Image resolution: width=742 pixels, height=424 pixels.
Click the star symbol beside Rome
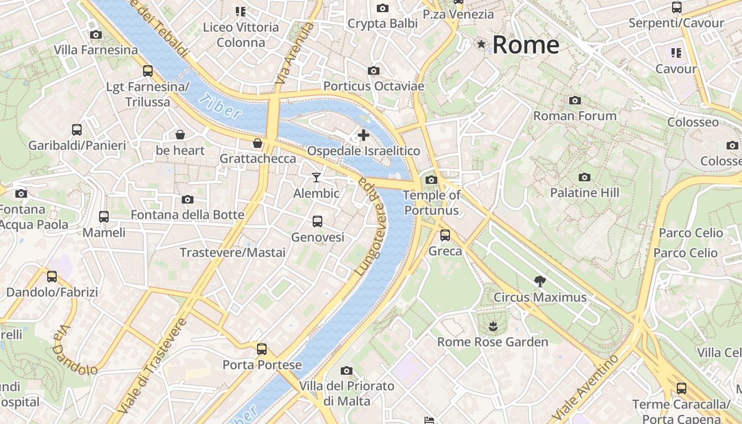[481, 45]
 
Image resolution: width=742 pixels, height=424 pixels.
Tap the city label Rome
[525, 45]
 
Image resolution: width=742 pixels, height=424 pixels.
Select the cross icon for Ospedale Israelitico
[364, 135]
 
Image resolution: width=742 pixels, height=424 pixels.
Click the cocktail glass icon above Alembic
[316, 177]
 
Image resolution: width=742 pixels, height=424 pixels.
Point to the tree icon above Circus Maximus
[540, 281]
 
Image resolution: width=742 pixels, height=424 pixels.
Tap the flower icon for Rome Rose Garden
[492, 325]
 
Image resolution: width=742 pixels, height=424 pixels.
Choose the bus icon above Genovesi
[317, 221]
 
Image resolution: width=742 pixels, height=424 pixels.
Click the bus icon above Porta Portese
[261, 349]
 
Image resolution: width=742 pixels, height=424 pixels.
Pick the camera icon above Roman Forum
[575, 100]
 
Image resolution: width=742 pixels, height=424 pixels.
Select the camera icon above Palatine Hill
[584, 177]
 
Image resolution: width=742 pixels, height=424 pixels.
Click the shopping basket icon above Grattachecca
[258, 143]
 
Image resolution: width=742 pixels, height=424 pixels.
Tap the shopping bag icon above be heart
[180, 135]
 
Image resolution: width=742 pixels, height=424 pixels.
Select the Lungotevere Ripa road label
[371, 225]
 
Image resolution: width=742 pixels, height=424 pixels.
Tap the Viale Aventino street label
[586, 387]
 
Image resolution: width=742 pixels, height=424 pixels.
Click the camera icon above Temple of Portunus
[431, 180]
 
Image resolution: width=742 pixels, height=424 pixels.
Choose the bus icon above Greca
[445, 235]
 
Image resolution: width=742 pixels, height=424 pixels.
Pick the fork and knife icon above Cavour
[676, 53]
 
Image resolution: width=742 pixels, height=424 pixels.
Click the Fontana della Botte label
[187, 215]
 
